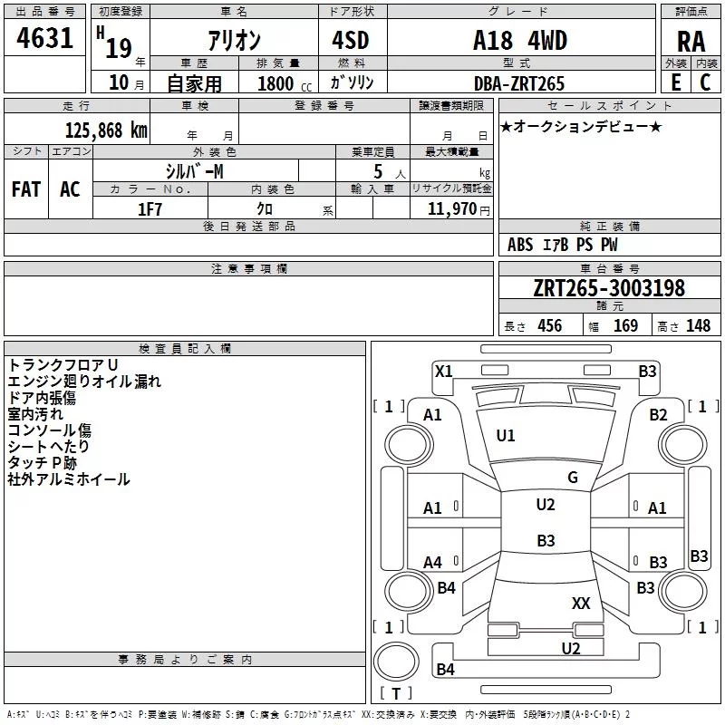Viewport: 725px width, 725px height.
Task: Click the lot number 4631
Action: [44, 38]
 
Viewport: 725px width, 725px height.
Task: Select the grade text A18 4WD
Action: [520, 40]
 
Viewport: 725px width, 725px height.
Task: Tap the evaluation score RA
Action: [691, 42]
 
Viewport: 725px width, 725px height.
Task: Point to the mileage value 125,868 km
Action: [106, 130]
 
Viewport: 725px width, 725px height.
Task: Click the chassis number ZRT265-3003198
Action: [609, 288]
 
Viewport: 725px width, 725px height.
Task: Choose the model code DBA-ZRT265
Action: [519, 83]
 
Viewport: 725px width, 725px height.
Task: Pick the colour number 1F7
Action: [150, 209]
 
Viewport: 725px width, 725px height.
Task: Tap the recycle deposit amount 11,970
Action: [451, 209]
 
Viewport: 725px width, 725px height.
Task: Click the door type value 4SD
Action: [351, 40]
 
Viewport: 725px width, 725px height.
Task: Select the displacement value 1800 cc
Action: [285, 83]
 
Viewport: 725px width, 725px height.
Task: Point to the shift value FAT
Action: [26, 189]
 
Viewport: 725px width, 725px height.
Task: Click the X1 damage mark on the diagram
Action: [443, 372]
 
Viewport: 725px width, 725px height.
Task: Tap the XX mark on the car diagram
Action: [581, 603]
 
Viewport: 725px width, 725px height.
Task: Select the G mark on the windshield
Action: [573, 478]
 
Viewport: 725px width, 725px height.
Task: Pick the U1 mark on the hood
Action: [506, 436]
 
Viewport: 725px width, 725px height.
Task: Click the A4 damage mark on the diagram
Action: [432, 563]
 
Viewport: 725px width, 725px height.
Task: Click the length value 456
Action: [550, 325]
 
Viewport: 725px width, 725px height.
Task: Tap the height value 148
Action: [698, 325]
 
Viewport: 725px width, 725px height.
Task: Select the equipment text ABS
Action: [520, 245]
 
